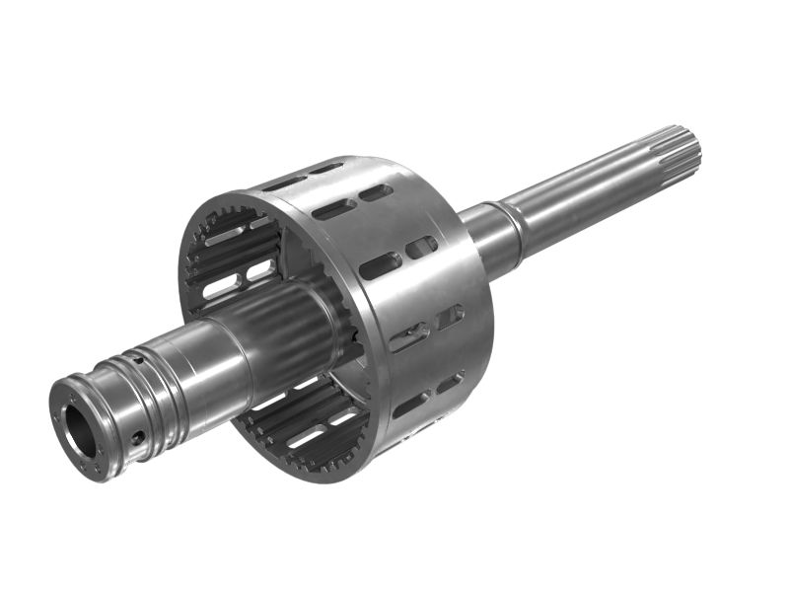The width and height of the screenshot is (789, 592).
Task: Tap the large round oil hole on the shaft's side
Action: (138, 436)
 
